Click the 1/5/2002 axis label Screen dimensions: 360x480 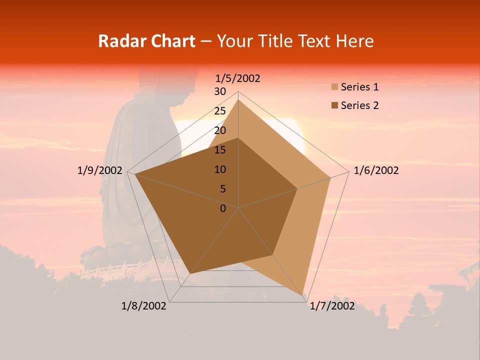point(238,78)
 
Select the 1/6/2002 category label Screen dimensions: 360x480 point(376,170)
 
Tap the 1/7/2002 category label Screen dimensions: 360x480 point(332,305)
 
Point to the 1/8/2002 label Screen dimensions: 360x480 point(144,305)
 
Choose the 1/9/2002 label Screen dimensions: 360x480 point(100,170)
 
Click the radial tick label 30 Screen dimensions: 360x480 point(220,91)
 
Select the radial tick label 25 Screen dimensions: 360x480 point(220,111)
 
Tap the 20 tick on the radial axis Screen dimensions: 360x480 point(220,130)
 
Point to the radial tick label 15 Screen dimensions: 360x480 point(220,150)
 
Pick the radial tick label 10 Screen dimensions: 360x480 point(220,169)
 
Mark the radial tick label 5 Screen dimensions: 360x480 point(222,189)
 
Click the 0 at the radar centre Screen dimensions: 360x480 point(223,208)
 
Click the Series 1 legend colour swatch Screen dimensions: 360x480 point(334,87)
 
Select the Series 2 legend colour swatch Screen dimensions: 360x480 point(334,105)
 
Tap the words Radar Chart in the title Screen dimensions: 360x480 point(146,41)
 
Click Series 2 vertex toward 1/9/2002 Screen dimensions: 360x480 point(135,174)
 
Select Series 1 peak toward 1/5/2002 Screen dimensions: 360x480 point(238,100)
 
